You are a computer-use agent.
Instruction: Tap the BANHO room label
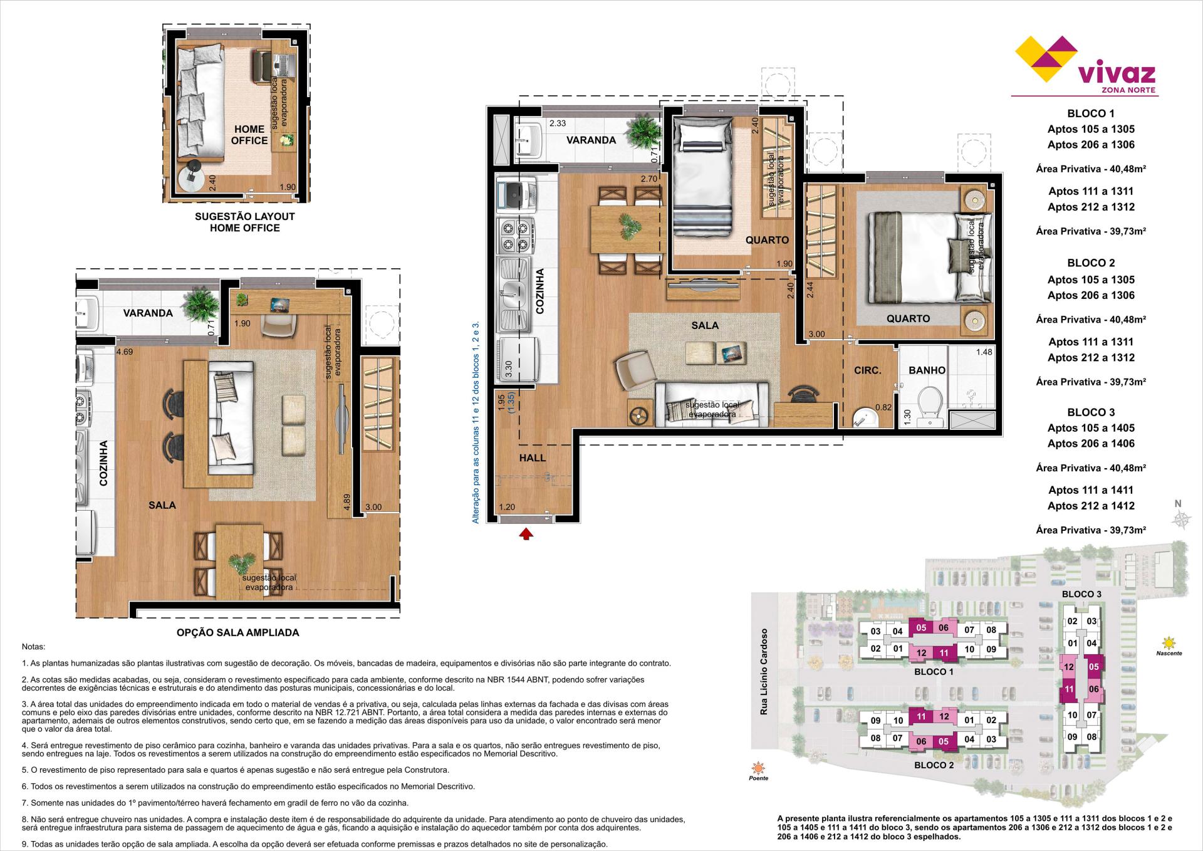pos(927,370)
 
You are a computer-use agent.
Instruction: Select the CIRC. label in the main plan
pos(868,370)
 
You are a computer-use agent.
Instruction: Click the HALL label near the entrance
pos(532,458)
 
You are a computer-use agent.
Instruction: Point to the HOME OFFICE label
pos(249,135)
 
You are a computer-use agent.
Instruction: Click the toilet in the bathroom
pos(927,402)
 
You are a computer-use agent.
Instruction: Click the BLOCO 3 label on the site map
pos(1081,593)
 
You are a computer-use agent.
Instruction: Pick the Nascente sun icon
pos(1168,642)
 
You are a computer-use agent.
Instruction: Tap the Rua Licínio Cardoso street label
pos(763,672)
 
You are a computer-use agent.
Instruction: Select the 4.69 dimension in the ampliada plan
pos(124,352)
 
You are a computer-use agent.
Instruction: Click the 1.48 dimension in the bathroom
pos(984,352)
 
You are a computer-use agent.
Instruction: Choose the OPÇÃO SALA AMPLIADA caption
pos(237,632)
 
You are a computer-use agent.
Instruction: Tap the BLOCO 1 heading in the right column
pos(1091,113)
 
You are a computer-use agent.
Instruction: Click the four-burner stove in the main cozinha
pos(516,235)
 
